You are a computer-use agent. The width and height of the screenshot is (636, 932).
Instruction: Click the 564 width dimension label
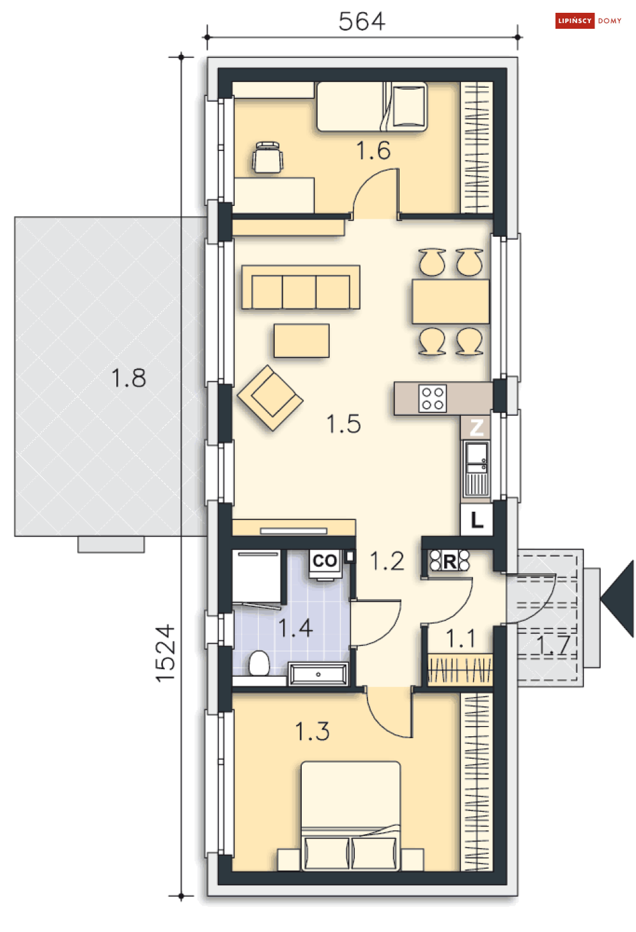click(x=362, y=21)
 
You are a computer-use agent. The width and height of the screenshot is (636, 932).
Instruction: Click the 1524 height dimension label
click(x=166, y=653)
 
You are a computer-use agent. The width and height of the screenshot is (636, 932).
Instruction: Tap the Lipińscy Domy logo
click(x=588, y=21)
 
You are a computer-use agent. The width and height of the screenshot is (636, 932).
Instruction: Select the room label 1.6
click(x=373, y=150)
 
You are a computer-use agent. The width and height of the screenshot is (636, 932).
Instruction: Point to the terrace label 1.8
click(x=128, y=378)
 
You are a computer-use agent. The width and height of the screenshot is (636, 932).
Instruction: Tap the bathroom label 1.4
click(x=295, y=628)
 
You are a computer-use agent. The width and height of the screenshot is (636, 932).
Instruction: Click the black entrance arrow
click(x=617, y=599)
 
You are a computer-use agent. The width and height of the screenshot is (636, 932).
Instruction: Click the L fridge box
click(x=476, y=519)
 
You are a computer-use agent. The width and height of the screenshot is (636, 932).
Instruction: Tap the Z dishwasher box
click(x=476, y=427)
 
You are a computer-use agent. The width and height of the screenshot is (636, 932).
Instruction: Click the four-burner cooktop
click(x=432, y=398)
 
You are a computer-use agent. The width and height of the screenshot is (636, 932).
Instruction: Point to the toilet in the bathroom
click(x=259, y=663)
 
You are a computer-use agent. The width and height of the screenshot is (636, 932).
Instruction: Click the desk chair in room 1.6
click(x=268, y=157)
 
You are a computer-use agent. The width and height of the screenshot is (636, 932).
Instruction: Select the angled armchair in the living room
click(x=270, y=398)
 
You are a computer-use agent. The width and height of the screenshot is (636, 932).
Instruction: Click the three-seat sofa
click(x=301, y=287)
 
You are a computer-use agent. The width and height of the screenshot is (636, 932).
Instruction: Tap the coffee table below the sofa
click(x=301, y=341)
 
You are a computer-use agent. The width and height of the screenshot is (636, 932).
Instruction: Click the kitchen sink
click(x=476, y=469)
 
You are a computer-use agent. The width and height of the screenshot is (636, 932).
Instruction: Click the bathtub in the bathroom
click(x=318, y=674)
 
